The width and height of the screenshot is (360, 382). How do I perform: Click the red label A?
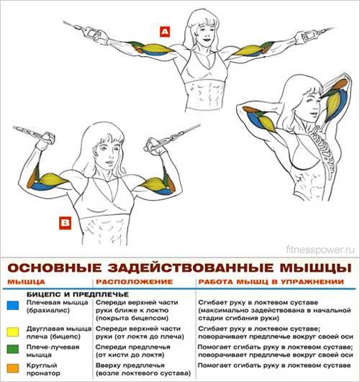pos(166,32)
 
